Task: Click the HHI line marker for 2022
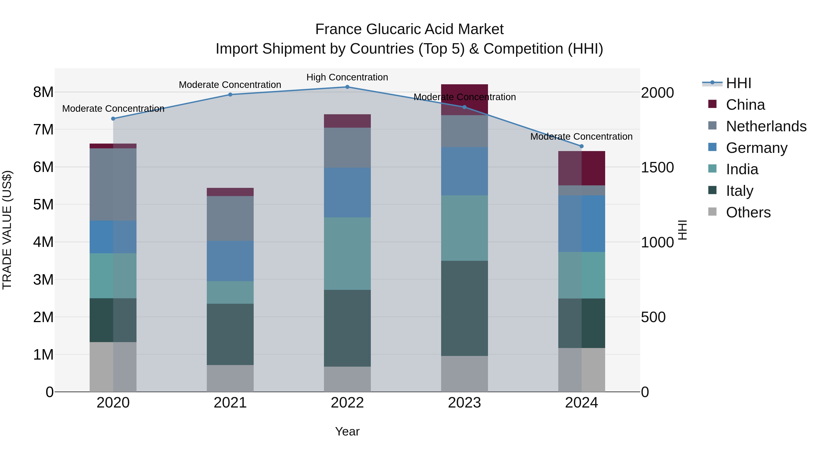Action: click(x=347, y=87)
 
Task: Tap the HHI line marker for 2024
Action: click(x=581, y=146)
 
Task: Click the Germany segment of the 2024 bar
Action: click(x=581, y=224)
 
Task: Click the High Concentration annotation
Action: click(x=347, y=77)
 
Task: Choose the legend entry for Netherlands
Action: click(x=766, y=126)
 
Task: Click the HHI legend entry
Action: click(x=738, y=83)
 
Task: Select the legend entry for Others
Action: click(x=748, y=212)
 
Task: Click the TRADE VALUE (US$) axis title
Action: click(x=7, y=230)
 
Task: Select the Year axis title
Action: click(x=347, y=431)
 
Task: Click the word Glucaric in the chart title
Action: click(x=394, y=29)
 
